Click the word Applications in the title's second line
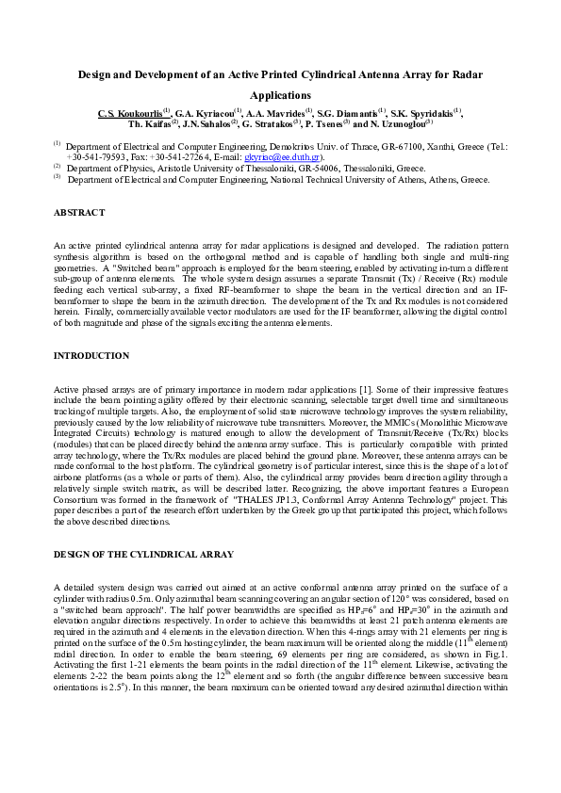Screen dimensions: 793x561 click(280, 95)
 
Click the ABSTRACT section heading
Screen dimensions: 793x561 click(80, 214)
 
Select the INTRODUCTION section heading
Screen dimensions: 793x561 click(91, 356)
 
